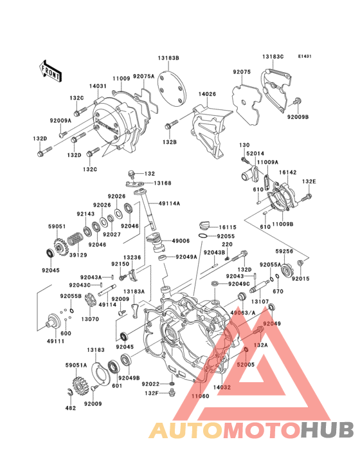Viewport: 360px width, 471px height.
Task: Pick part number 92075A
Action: tap(144, 76)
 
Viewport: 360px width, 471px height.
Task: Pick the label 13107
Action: tap(260, 301)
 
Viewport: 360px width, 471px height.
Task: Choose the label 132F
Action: tap(150, 392)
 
